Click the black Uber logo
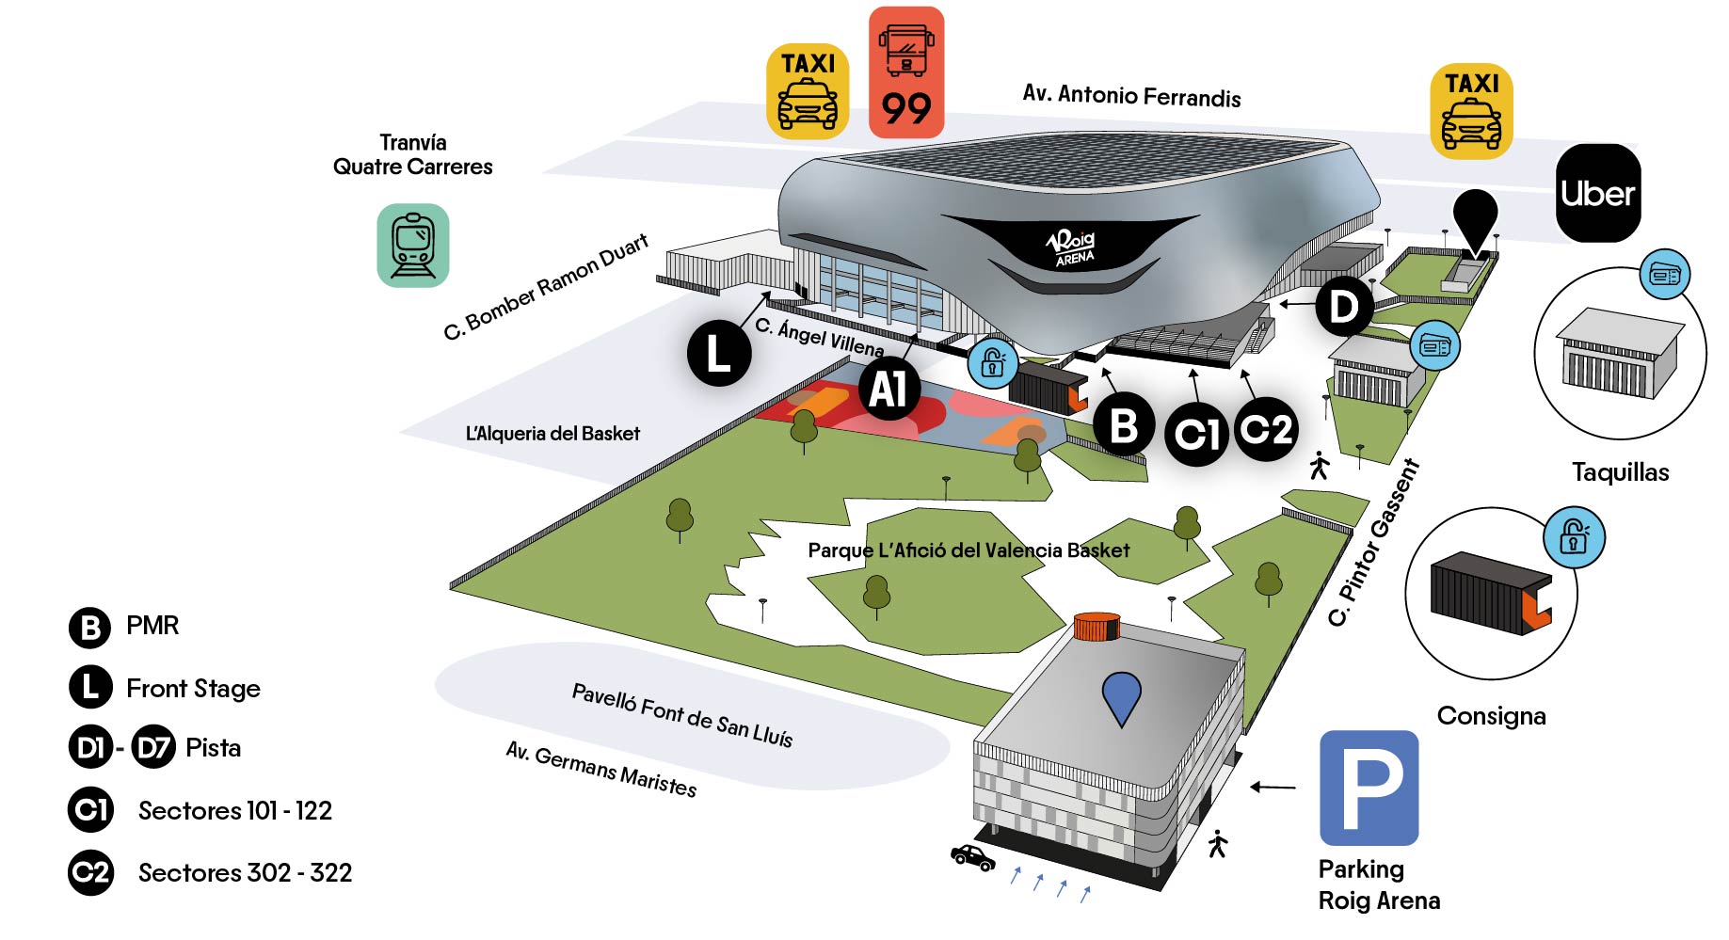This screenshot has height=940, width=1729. pyautogui.click(x=1597, y=193)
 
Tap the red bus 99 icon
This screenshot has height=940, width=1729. pyautogui.click(x=905, y=72)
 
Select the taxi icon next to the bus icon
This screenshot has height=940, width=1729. pyautogui.click(x=808, y=91)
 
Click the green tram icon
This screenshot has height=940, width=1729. pyautogui.click(x=413, y=245)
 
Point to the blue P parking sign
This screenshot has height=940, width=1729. pyautogui.click(x=1369, y=788)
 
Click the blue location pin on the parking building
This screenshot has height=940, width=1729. pyautogui.click(x=1121, y=697)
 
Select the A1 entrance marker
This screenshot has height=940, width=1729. pyautogui.click(x=889, y=389)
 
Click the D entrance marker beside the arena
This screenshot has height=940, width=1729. pyautogui.click(x=1343, y=306)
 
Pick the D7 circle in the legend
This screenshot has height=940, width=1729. pyautogui.click(x=153, y=748)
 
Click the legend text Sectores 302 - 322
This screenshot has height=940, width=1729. pyautogui.click(x=245, y=873)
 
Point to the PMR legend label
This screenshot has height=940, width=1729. pyautogui.click(x=152, y=626)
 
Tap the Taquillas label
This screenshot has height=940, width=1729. pyautogui.click(x=1620, y=472)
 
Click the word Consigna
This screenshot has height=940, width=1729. pyautogui.click(x=1491, y=716)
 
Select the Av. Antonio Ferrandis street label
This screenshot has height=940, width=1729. pyautogui.click(x=1131, y=96)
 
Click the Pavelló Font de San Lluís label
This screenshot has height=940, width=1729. pyautogui.click(x=682, y=715)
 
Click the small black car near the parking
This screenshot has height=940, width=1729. pyautogui.click(x=972, y=857)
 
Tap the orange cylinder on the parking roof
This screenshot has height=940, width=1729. pyautogui.click(x=1097, y=626)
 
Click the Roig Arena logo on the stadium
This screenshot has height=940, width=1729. pyautogui.click(x=1072, y=247)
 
